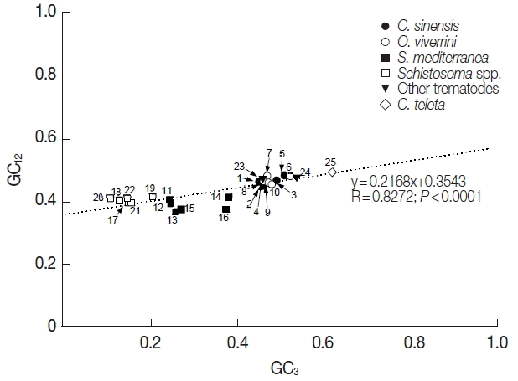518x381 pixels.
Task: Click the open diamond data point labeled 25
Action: (x=333, y=172)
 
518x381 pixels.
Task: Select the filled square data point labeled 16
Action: (x=225, y=209)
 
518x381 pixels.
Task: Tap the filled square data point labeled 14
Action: (x=229, y=198)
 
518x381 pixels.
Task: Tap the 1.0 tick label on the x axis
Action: (x=498, y=343)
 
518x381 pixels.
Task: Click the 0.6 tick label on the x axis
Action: (x=324, y=343)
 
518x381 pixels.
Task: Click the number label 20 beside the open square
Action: (x=98, y=198)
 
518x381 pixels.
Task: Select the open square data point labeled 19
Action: (x=153, y=198)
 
